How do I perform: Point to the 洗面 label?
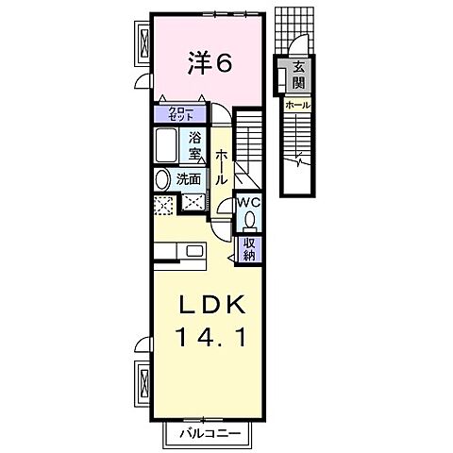point(188,178)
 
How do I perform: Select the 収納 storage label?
point(250,247)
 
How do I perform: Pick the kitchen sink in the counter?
point(194,251)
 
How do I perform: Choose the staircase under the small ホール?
point(298,151)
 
